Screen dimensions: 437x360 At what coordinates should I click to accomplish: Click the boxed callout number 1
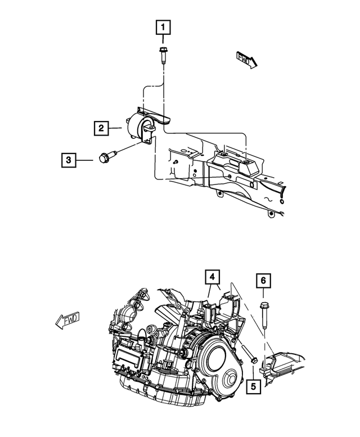coord(163,26)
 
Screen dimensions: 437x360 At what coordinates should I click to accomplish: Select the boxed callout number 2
coord(101,129)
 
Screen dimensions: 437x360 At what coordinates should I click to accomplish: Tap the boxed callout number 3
coord(68,160)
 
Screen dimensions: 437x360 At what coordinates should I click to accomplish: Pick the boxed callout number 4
coord(212,277)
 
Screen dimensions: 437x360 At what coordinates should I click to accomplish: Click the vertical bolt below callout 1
coord(163,57)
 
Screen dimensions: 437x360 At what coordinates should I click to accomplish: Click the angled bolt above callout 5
coord(249,352)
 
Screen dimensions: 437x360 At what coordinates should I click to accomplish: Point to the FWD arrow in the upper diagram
coord(245,58)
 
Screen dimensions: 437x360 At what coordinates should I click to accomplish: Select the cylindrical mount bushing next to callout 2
coord(137,127)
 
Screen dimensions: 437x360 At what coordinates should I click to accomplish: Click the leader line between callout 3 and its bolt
coord(85,160)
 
